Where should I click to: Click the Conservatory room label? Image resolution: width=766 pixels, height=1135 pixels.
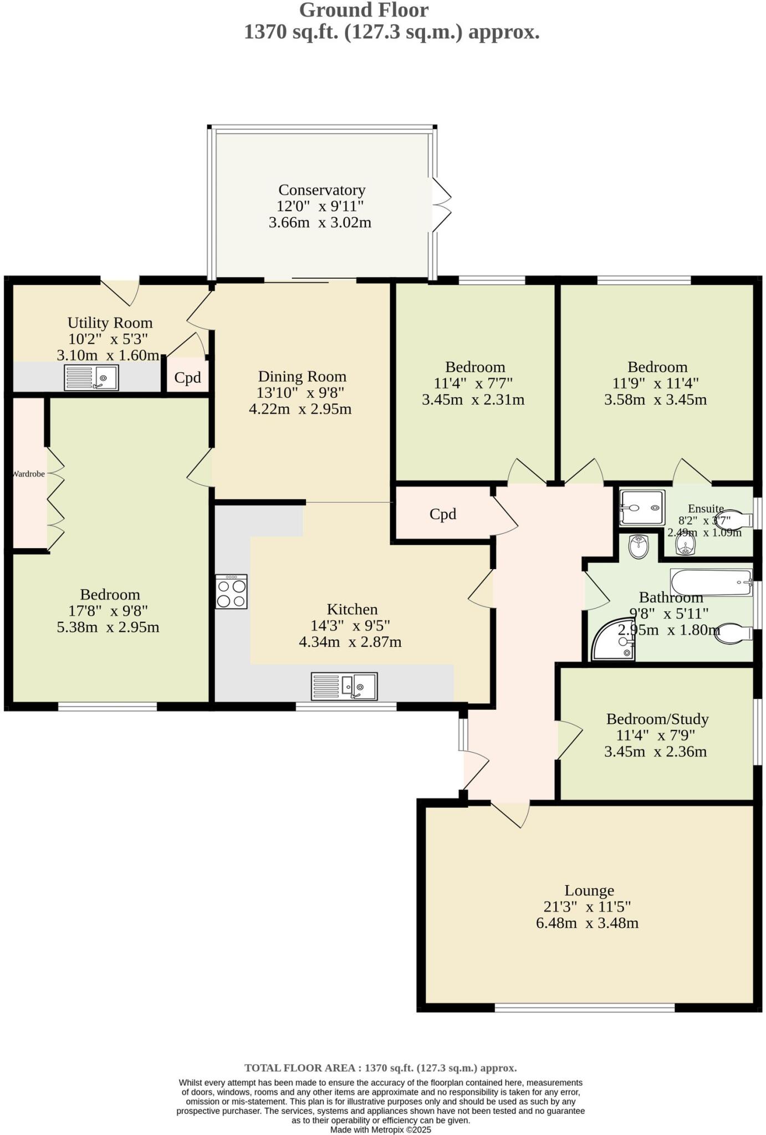click(321, 190)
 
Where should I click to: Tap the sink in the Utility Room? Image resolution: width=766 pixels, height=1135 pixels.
click(91, 377)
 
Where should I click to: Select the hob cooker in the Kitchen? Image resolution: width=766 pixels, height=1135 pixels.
click(231, 592)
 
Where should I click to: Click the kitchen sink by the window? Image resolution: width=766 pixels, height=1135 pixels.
click(344, 687)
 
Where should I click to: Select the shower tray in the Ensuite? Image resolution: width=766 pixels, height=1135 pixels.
click(642, 508)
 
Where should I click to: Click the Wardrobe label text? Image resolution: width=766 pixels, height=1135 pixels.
click(28, 474)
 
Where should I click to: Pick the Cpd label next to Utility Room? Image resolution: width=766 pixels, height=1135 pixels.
click(187, 378)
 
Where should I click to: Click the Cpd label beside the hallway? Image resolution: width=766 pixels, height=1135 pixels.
click(442, 514)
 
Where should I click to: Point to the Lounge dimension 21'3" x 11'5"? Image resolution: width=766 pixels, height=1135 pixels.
click(587, 907)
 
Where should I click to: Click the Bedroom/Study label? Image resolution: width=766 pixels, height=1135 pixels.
click(657, 719)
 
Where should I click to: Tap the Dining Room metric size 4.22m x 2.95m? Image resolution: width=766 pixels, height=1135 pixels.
click(300, 410)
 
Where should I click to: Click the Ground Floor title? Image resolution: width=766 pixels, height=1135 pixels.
click(364, 10)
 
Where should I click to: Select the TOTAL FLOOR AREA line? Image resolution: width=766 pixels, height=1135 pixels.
click(380, 1068)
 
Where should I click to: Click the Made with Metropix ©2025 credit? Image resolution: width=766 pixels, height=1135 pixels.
click(380, 1129)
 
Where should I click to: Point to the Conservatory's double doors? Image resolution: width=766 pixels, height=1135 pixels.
click(442, 204)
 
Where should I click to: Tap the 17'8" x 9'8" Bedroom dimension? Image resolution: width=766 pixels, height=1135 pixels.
click(109, 611)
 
